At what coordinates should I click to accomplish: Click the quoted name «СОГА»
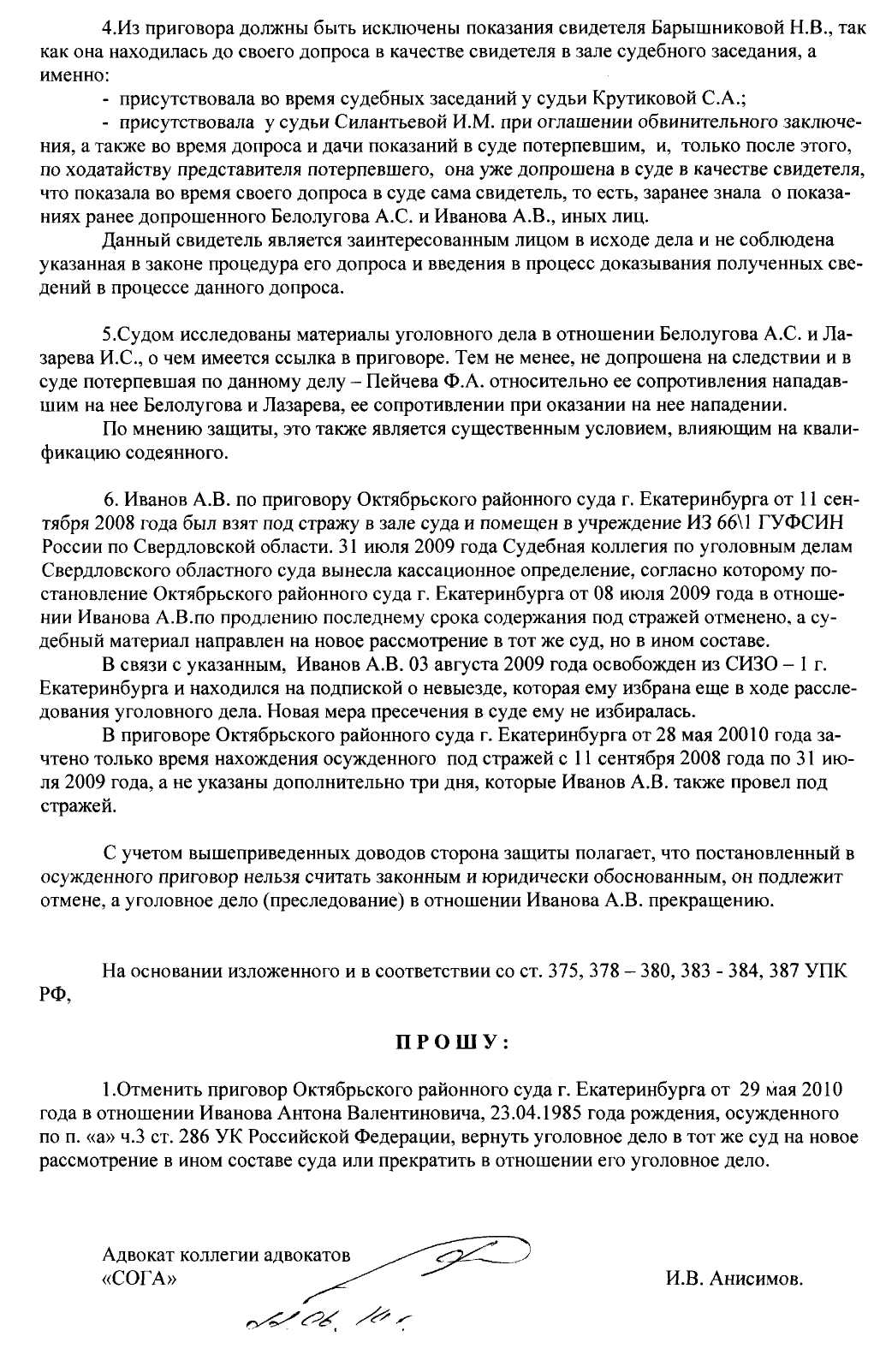tap(142, 1280)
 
